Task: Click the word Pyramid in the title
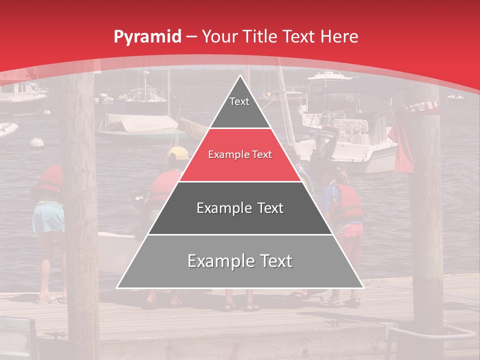(x=147, y=37)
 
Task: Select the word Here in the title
(x=339, y=36)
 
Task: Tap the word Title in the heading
(x=260, y=36)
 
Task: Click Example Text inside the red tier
(x=240, y=155)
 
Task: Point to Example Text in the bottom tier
(x=240, y=261)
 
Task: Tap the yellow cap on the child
(x=178, y=153)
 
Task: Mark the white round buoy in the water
(x=37, y=142)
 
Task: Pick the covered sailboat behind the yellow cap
(x=135, y=127)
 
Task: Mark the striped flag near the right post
(x=423, y=106)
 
